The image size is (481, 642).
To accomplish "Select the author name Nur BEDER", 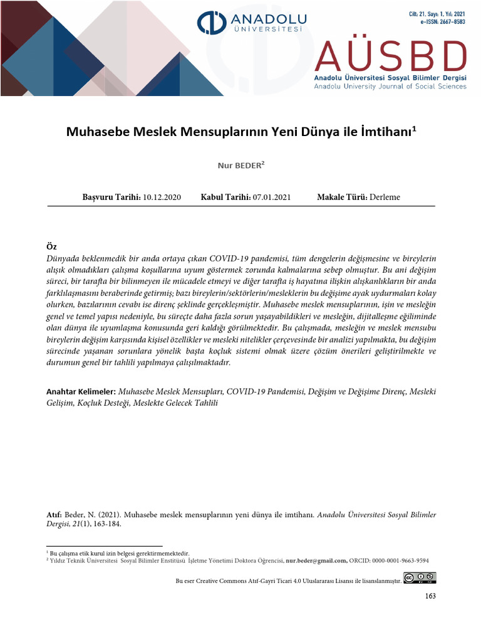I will tap(240, 166).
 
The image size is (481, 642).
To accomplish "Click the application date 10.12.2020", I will tap(162, 197).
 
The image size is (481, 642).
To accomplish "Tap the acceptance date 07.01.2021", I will tap(272, 197).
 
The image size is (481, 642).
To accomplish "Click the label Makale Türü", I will tap(342, 197).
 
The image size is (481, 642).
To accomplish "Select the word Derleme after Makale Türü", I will tap(385, 197).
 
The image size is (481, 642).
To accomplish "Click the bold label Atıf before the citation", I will tap(54, 515).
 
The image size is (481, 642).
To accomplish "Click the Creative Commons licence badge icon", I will tap(420, 578).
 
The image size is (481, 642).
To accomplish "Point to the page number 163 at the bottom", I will tap(430, 596).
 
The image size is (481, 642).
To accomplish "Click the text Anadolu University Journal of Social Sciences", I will tap(390, 87).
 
